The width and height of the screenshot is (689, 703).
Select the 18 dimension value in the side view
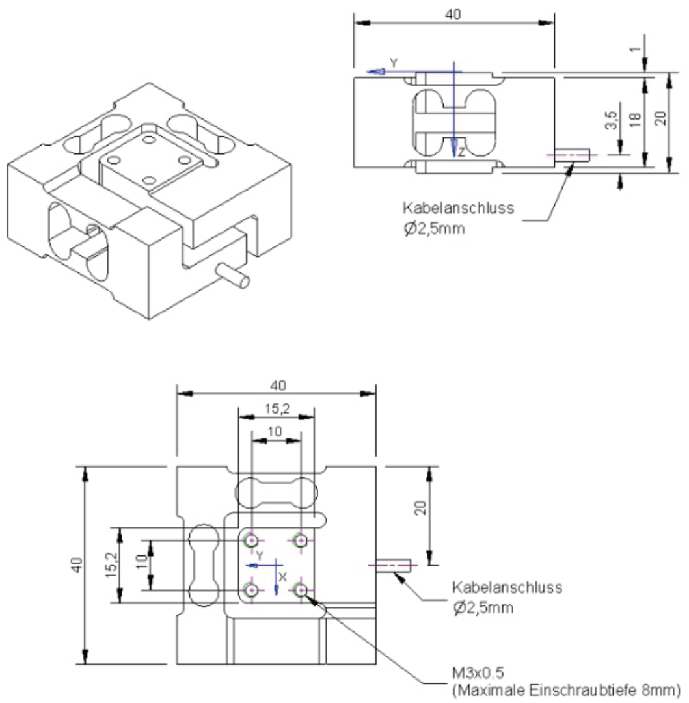(x=636, y=119)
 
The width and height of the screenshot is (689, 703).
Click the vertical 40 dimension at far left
(x=77, y=565)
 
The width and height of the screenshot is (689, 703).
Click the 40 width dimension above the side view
(x=453, y=14)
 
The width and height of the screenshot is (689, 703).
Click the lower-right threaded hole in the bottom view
(x=301, y=590)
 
